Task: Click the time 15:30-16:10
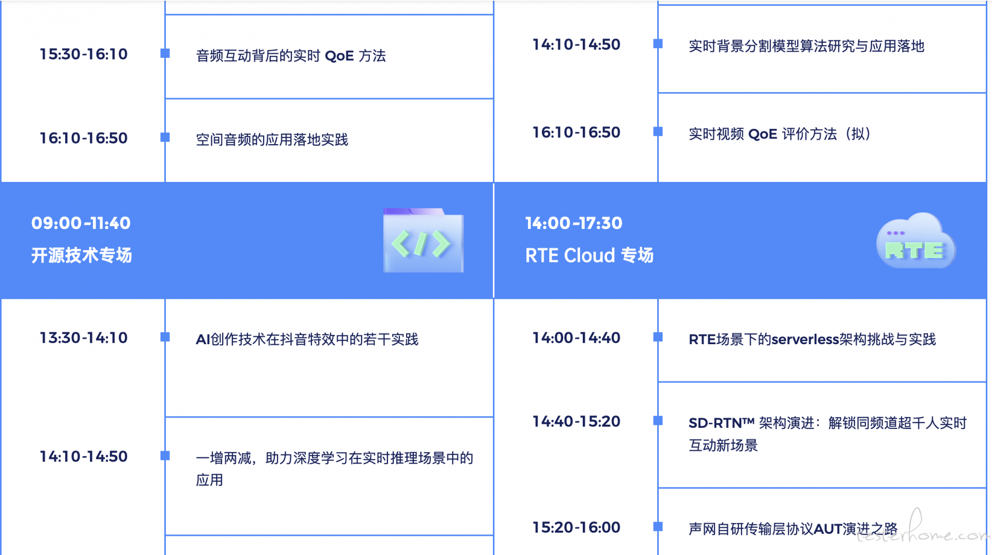84,54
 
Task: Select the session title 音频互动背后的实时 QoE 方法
291,55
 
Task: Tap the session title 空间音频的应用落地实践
272,139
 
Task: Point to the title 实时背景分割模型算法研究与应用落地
807,46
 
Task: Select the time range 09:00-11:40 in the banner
81,223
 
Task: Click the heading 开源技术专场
82,255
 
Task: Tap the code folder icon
423,240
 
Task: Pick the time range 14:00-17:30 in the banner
574,223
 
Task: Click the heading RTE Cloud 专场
590,255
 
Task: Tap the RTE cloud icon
916,241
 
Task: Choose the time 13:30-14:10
84,337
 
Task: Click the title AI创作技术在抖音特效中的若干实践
307,339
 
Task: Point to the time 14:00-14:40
577,337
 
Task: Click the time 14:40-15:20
577,421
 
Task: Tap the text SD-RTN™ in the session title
722,423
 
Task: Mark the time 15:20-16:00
577,527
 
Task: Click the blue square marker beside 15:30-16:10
165,53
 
